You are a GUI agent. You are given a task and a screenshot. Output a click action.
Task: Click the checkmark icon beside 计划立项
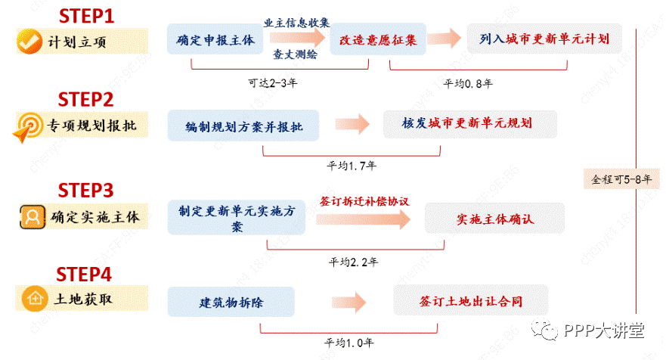click(x=30, y=42)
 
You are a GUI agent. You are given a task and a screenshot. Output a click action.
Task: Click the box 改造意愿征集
click(x=378, y=39)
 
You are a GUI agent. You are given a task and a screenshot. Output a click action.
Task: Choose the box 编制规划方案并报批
click(x=243, y=126)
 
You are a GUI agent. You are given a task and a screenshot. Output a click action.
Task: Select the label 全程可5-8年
click(x=621, y=179)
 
